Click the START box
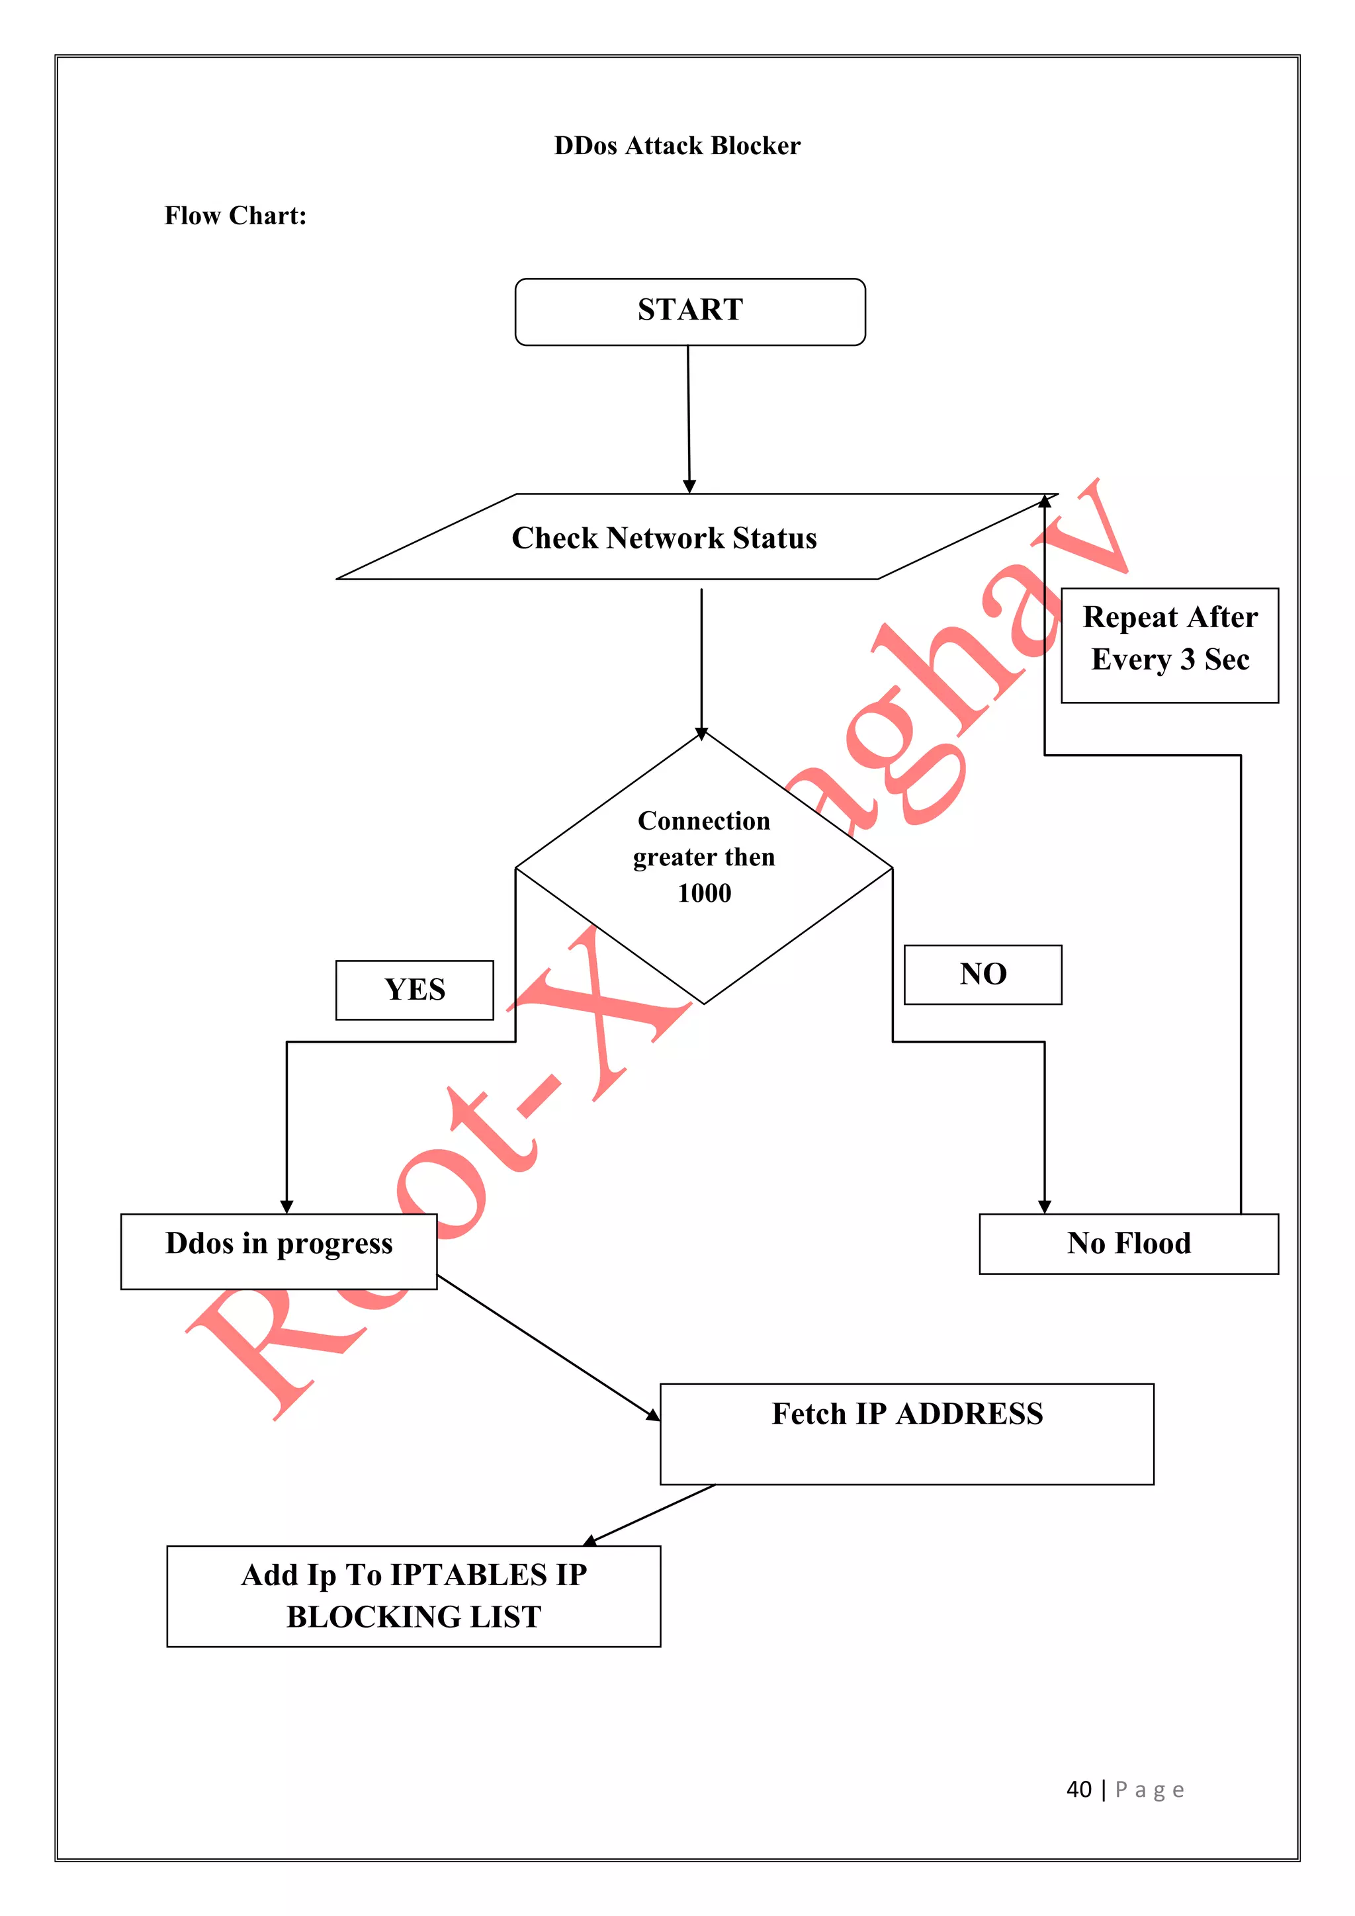coord(690,311)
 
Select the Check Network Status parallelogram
coord(664,537)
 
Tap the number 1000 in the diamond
coord(704,894)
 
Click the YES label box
coord(415,990)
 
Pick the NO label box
coord(983,974)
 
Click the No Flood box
coord(1128,1243)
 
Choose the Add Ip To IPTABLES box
coord(414,1596)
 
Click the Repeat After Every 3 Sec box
coord(1170,645)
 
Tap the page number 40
coord(1079,1789)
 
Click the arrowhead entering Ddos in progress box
coord(287,1207)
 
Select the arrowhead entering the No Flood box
coord(1045,1207)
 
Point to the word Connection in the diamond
coord(704,821)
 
